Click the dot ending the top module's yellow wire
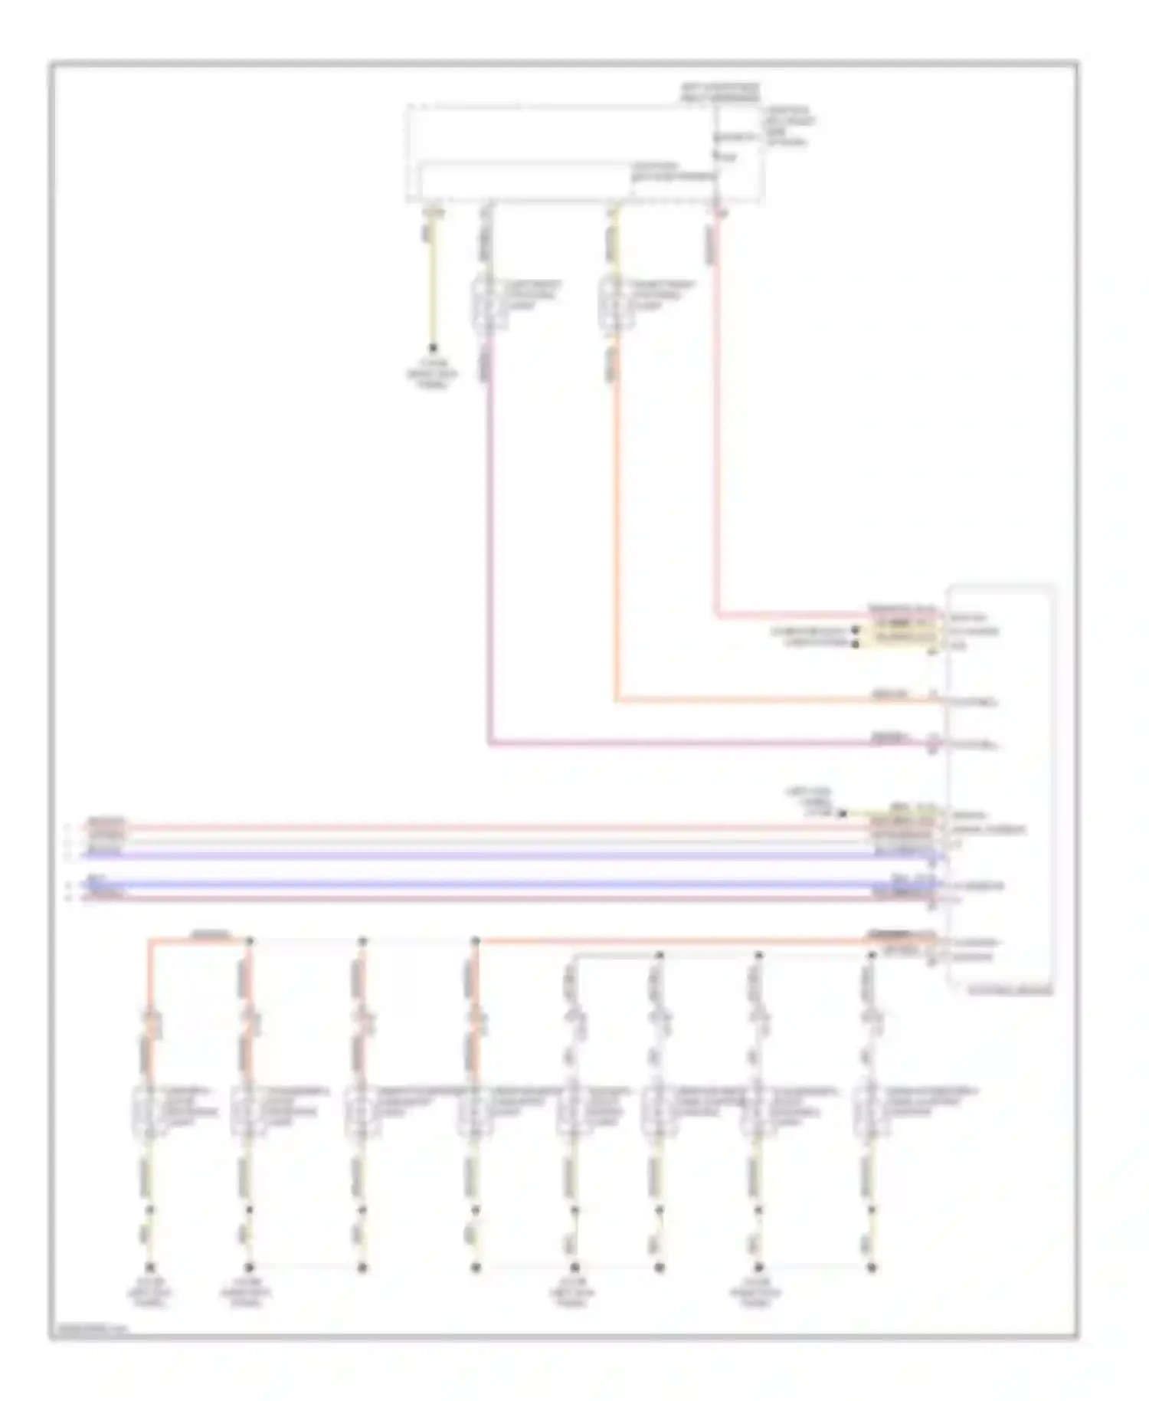click(x=433, y=347)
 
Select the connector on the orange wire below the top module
click(x=614, y=304)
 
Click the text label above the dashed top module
click(x=719, y=93)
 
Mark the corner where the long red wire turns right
click(x=718, y=615)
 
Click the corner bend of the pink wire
click(x=489, y=743)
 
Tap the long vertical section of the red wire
click(x=718, y=422)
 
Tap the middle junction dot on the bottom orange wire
click(x=363, y=941)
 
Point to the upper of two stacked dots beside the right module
click(x=855, y=631)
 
